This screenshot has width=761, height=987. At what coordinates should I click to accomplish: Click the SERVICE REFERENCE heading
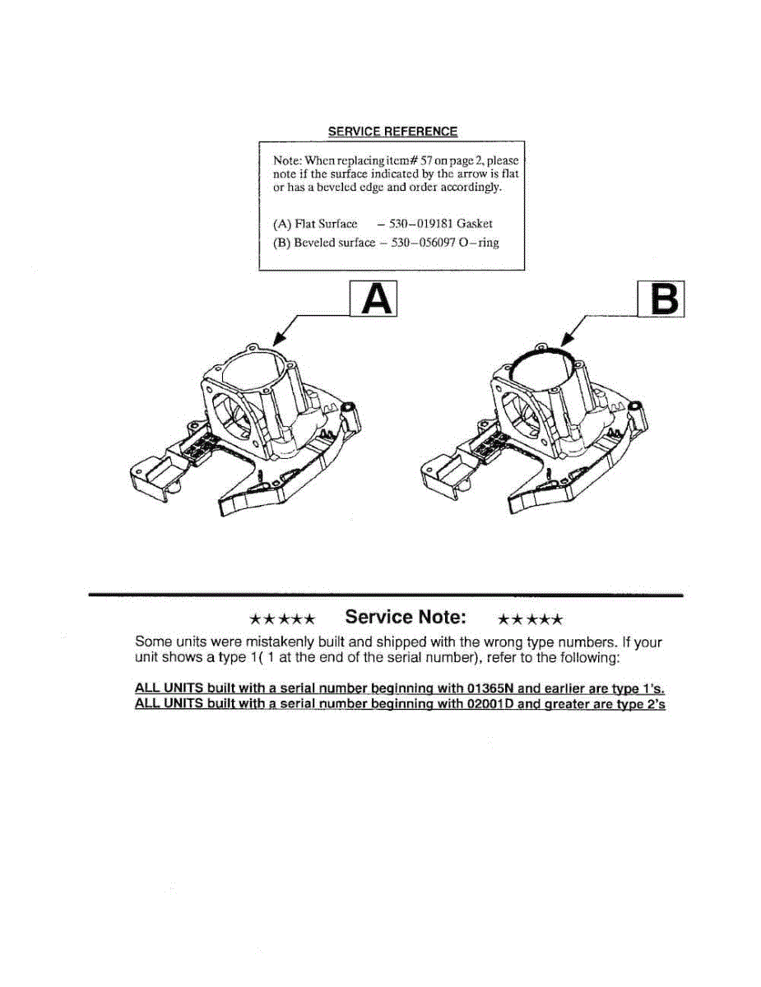[x=392, y=132]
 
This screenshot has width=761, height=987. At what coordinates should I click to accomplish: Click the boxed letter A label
[x=375, y=299]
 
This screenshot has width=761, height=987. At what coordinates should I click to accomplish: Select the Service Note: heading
[x=406, y=617]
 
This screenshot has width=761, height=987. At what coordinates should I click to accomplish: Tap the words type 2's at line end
[x=637, y=706]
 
